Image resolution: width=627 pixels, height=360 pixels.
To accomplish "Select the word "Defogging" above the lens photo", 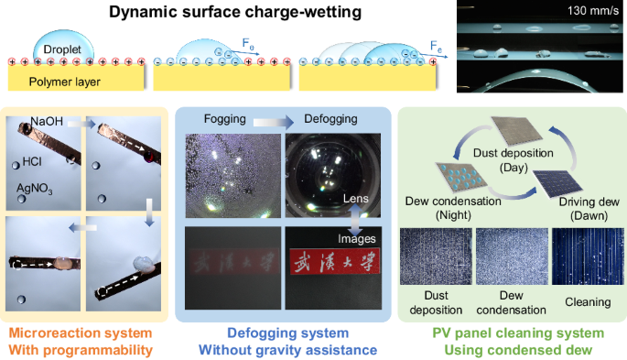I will coord(320,119).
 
